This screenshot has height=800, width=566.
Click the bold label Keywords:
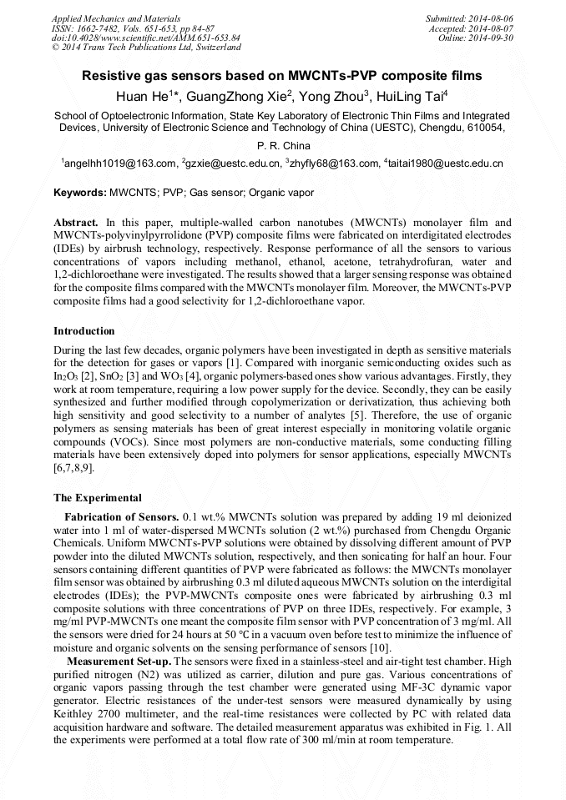click(x=80, y=193)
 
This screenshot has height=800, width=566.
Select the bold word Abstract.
click(x=75, y=224)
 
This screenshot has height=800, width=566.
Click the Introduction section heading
click(x=84, y=331)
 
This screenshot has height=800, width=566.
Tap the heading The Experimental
click(x=98, y=498)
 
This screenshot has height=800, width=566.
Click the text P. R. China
click(x=283, y=146)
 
